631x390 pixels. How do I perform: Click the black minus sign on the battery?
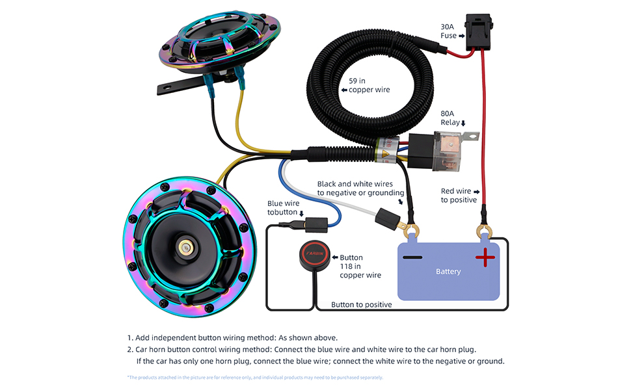coord(412,258)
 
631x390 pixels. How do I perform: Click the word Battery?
coord(448,272)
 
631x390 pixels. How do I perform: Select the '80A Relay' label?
coord(451,118)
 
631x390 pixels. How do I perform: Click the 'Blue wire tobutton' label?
coord(285,208)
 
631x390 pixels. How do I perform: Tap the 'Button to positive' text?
coord(361,305)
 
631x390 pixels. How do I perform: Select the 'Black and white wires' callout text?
coord(360,188)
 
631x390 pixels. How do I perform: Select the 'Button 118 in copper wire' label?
coord(360,266)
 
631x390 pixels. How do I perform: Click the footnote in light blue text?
coord(255,378)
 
